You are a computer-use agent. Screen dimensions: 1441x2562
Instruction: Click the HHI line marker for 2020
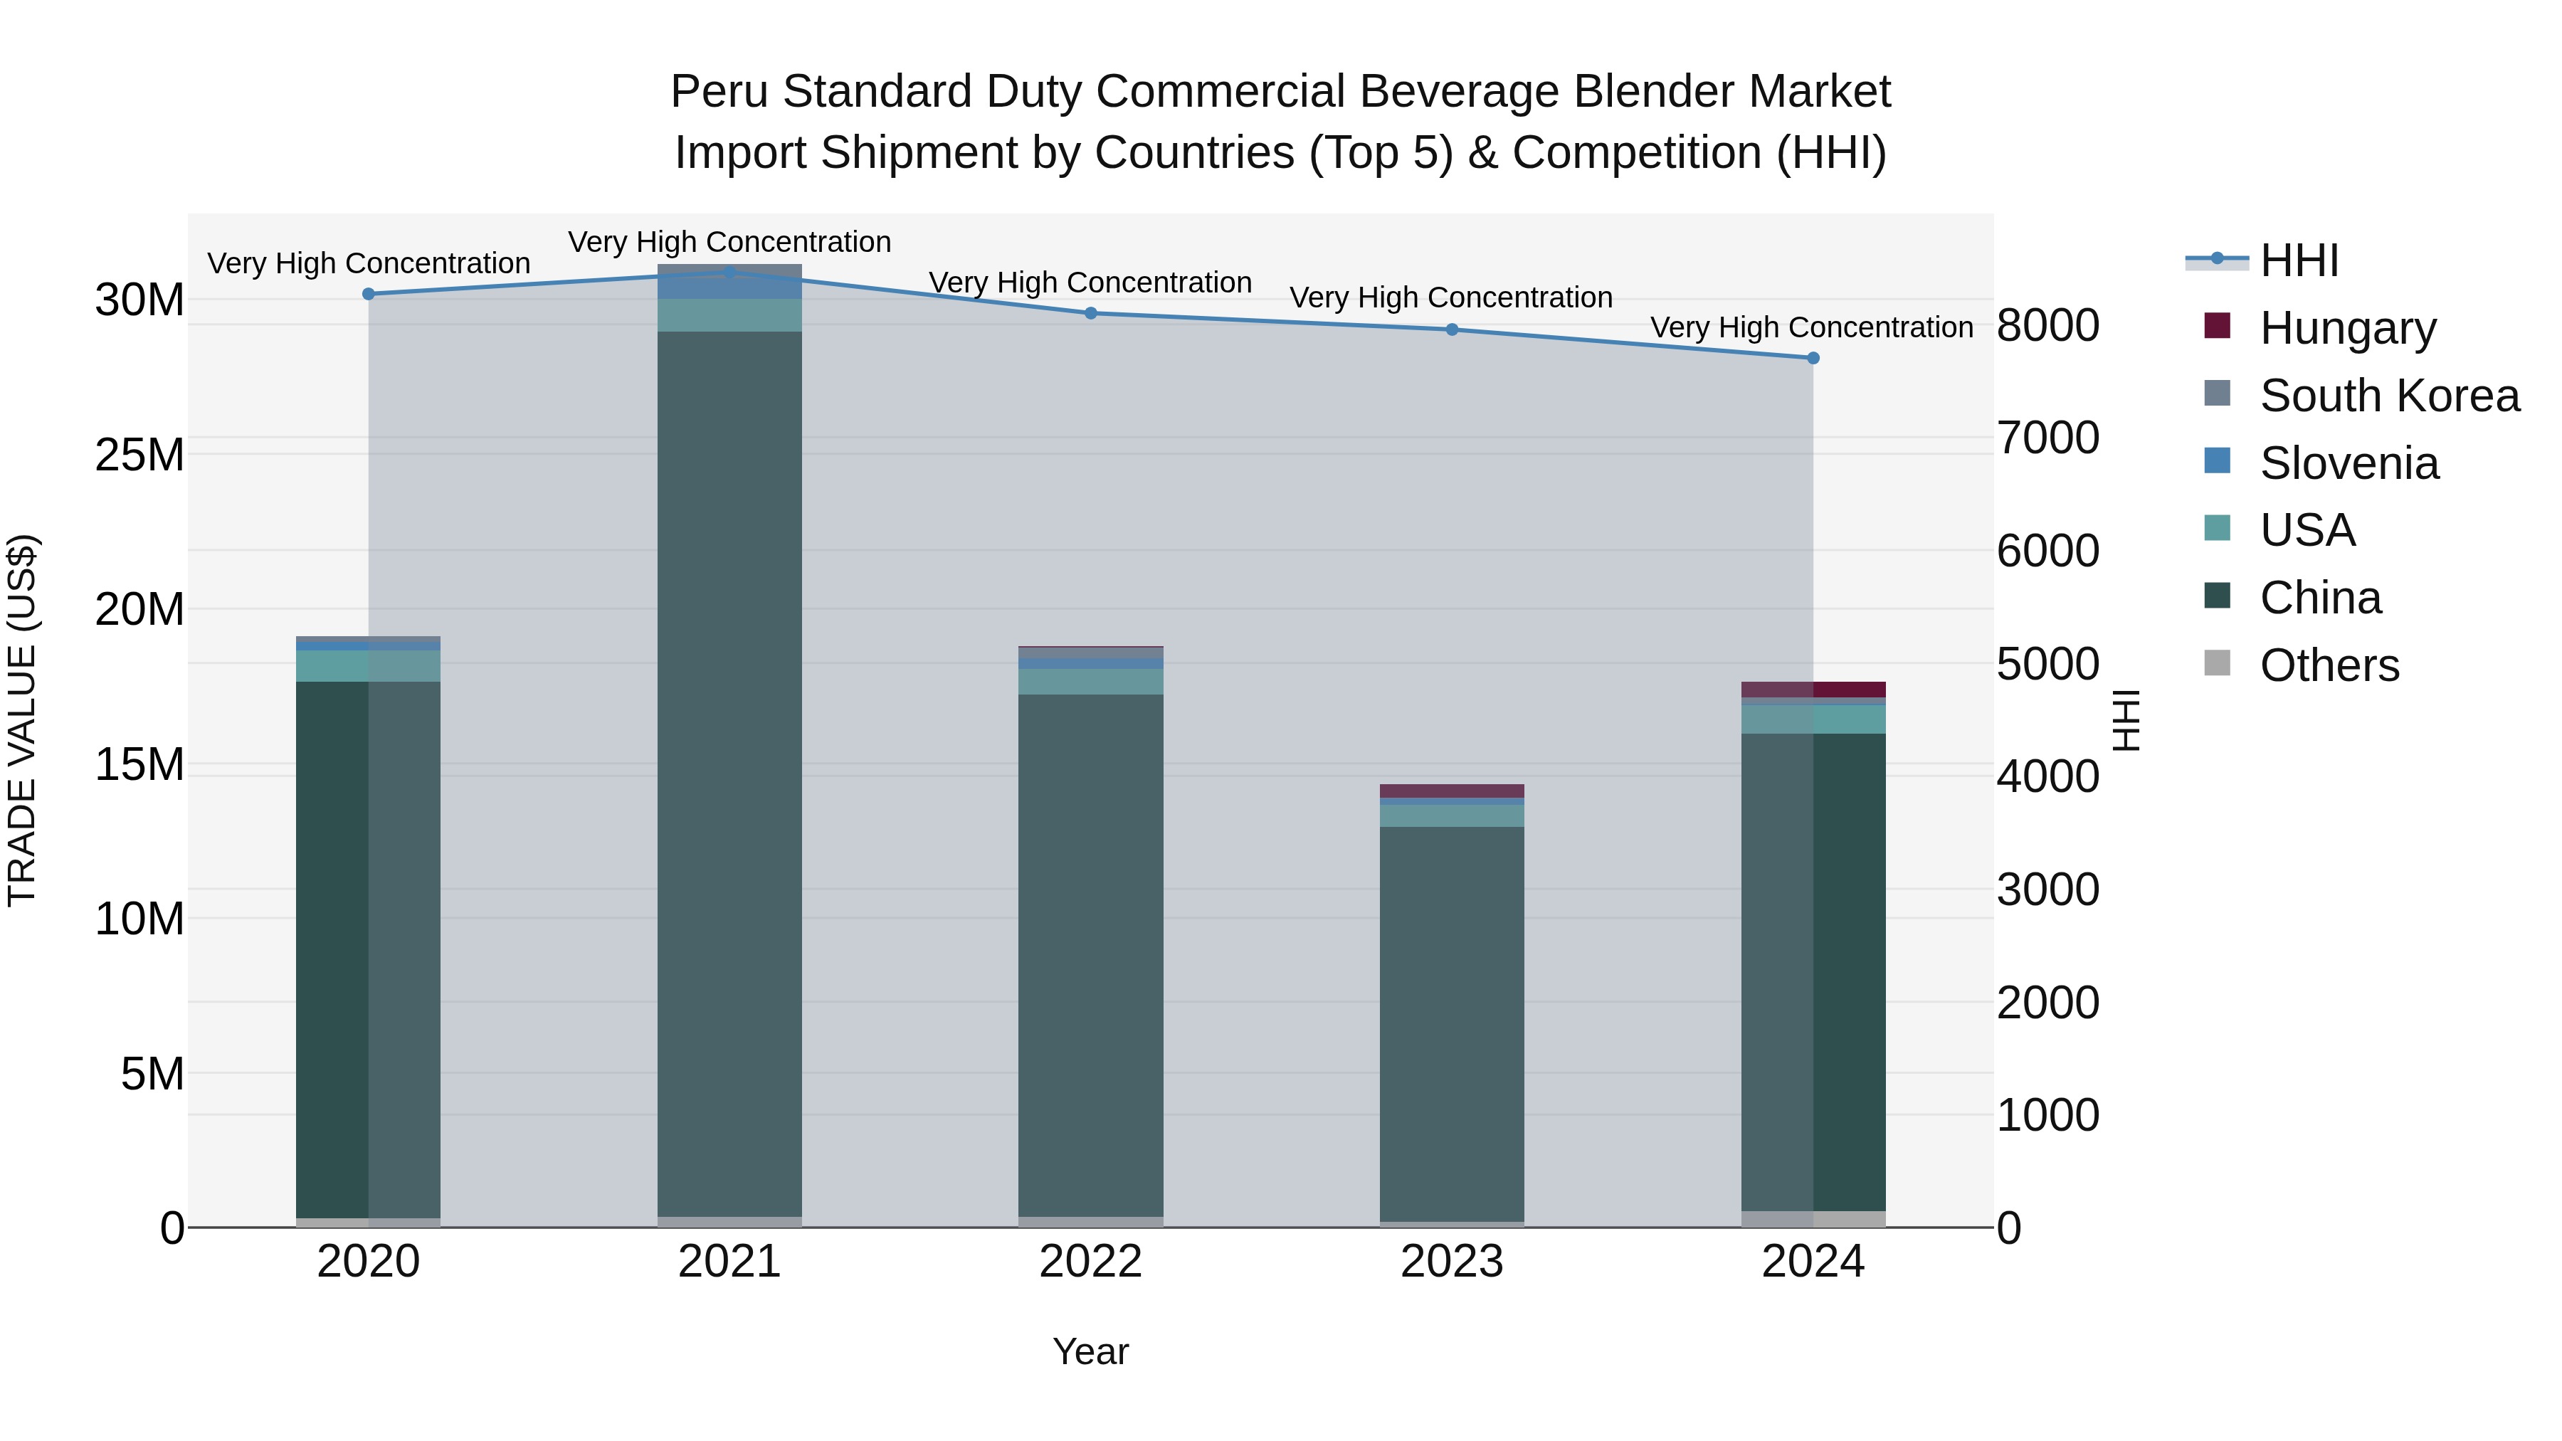tap(368, 295)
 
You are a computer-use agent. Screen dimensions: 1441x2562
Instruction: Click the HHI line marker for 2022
tap(1090, 313)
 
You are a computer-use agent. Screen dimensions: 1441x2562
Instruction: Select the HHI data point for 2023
tap(1451, 329)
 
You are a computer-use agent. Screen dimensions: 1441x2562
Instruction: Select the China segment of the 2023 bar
tap(1451, 1024)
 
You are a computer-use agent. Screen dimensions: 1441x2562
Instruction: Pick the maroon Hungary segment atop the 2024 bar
tap(1813, 689)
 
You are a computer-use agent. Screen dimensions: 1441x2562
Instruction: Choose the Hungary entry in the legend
tap(2347, 328)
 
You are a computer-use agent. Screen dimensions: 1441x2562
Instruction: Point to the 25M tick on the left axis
tap(140, 455)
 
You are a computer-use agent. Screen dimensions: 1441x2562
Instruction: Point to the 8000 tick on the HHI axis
tap(2047, 325)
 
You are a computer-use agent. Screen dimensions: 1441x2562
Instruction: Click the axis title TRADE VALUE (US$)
tap(22, 720)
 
